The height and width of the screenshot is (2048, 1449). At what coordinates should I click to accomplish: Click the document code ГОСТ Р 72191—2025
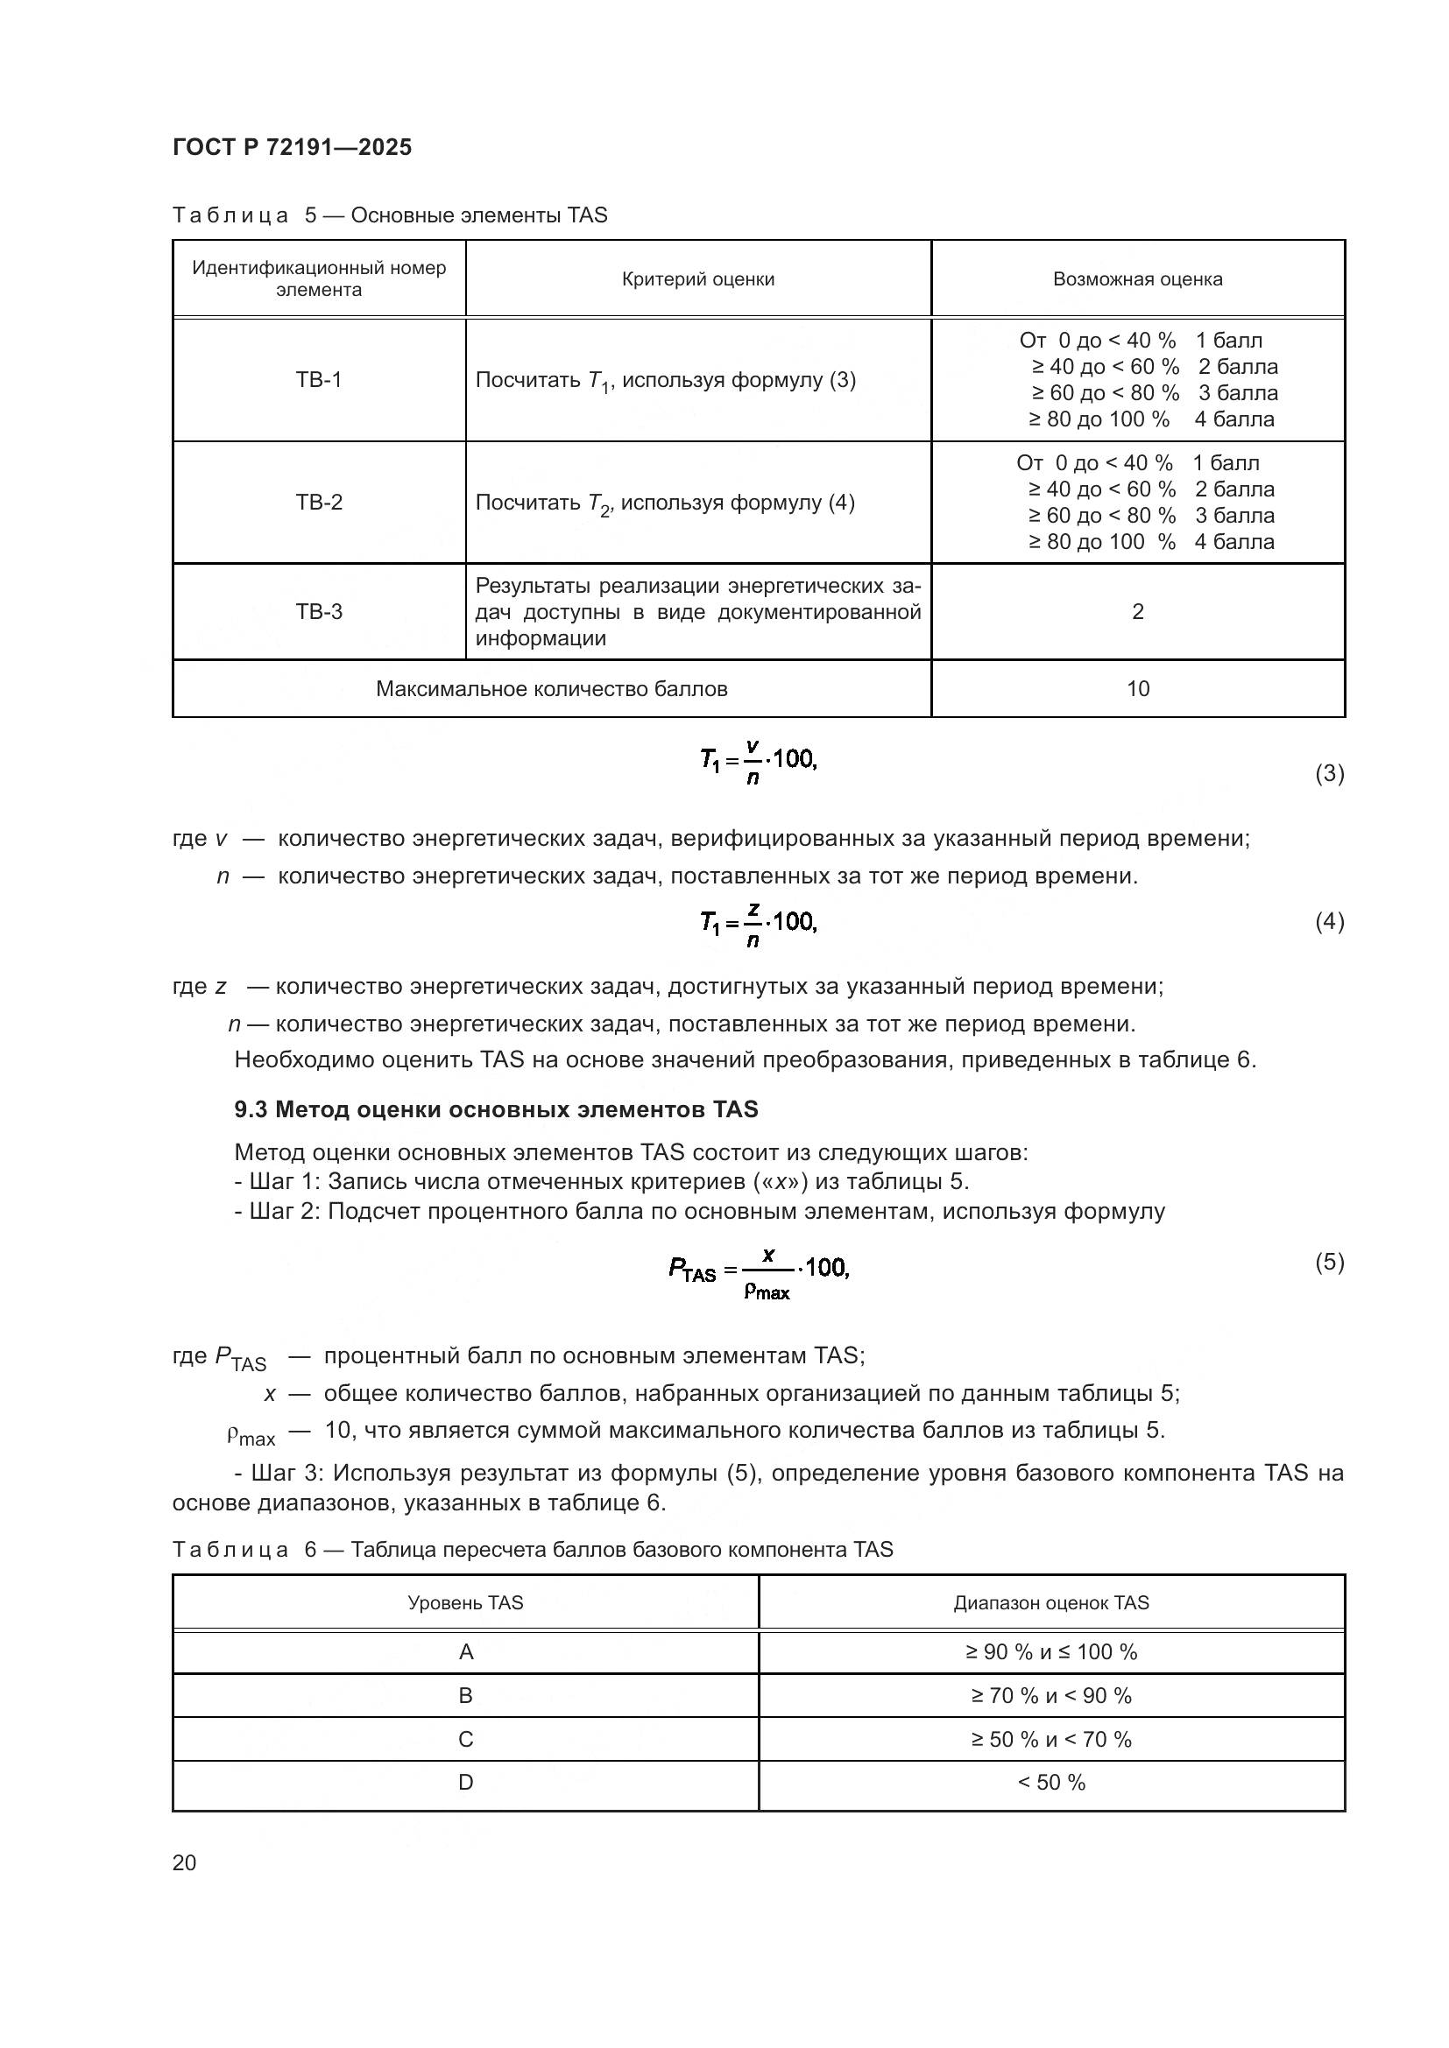[292, 147]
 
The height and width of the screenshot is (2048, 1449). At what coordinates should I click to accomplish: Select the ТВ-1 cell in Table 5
[319, 380]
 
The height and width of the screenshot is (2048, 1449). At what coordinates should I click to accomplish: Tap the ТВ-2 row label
[319, 503]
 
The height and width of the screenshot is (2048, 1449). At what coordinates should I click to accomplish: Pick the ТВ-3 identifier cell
[319, 612]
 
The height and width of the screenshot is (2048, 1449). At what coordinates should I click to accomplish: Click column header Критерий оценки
[697, 279]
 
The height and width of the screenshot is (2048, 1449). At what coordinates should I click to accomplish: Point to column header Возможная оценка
[1138, 279]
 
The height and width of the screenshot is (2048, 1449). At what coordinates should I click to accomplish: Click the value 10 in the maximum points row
[1138, 688]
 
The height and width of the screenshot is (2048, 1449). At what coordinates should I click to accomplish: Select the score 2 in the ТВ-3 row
[1138, 612]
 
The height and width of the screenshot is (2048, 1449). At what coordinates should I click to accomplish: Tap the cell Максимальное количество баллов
[551, 688]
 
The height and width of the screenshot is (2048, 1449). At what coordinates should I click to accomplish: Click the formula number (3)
[1329, 773]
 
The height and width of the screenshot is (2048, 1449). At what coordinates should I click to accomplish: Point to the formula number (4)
[1329, 921]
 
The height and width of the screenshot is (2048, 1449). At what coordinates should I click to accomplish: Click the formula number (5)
[1329, 1263]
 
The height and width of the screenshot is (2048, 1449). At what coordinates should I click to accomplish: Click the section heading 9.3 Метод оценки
[496, 1109]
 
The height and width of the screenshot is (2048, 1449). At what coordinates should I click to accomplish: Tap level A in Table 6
[466, 1652]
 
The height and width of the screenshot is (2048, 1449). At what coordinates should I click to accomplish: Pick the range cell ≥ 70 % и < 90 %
[1051, 1696]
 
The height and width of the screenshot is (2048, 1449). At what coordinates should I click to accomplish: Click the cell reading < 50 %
[1051, 1782]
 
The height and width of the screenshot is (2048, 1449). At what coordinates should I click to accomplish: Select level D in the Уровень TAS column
[466, 1782]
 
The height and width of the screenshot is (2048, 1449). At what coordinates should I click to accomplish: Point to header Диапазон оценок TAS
[1051, 1603]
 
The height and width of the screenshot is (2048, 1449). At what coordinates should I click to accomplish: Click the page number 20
[185, 1862]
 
